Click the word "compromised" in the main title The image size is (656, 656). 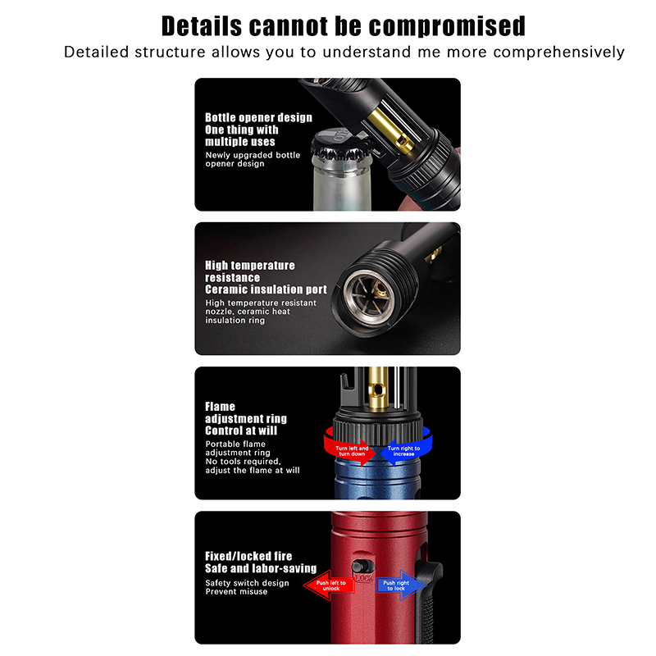click(x=446, y=26)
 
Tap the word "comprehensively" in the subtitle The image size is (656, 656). click(x=558, y=52)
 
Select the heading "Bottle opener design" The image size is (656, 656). click(x=258, y=117)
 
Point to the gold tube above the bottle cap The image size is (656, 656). click(x=390, y=129)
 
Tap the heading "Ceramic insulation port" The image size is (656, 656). click(x=266, y=289)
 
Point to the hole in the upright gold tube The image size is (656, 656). click(x=378, y=390)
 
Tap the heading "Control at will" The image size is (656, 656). click(x=241, y=430)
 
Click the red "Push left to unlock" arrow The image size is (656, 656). click(x=330, y=585)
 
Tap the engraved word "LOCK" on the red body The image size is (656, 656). click(x=363, y=579)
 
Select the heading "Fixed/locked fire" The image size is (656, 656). click(x=248, y=557)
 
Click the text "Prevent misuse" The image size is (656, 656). click(x=236, y=591)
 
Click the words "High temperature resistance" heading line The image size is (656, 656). click(x=250, y=271)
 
